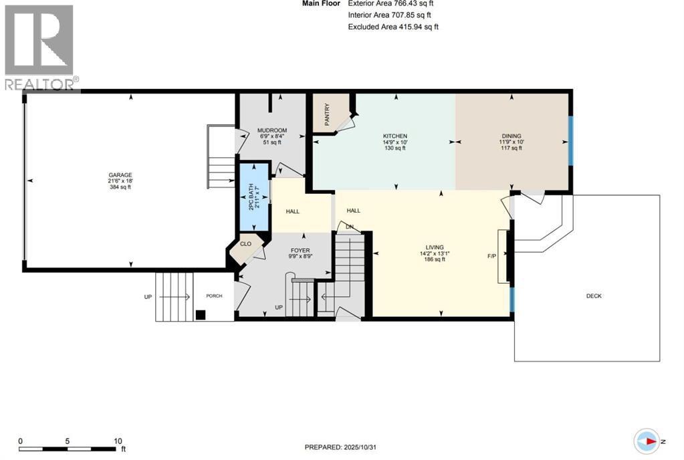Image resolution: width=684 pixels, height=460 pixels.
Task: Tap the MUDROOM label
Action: tap(273, 130)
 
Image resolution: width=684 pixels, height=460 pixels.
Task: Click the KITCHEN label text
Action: tap(394, 136)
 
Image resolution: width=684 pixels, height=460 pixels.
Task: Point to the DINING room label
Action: tap(511, 136)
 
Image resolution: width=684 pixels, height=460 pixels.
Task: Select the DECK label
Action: tap(594, 296)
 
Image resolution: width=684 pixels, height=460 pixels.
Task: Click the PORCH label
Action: tap(214, 296)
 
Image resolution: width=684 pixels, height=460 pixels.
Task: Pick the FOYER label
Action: tap(300, 249)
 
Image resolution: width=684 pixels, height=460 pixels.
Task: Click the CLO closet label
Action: tap(245, 244)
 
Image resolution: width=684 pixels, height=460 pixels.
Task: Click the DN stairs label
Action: tap(349, 226)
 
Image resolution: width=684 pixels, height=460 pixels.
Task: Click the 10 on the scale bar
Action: tap(118, 441)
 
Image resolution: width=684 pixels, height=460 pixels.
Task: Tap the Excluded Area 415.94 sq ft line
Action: tap(393, 27)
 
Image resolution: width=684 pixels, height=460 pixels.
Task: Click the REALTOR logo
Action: tap(40, 47)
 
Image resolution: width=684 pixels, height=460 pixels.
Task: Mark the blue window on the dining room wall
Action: tap(570, 140)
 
